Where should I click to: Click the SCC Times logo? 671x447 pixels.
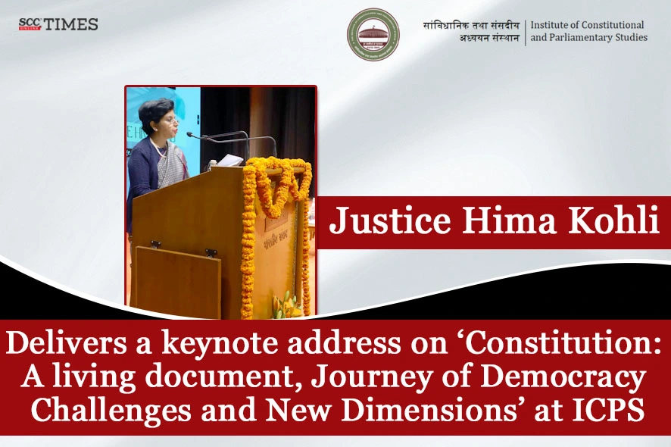click(x=58, y=24)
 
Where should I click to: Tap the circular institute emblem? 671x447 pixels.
click(x=373, y=34)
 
